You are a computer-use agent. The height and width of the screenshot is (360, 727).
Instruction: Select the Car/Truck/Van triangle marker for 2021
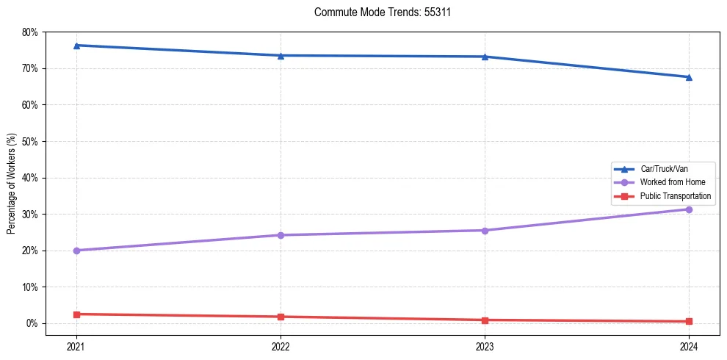pyautogui.click(x=76, y=46)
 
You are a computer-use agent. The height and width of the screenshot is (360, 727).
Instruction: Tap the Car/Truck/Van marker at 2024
pyautogui.click(x=689, y=77)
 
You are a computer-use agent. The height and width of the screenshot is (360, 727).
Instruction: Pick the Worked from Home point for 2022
pyautogui.click(x=281, y=235)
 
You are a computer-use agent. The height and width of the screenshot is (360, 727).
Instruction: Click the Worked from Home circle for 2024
pyautogui.click(x=689, y=209)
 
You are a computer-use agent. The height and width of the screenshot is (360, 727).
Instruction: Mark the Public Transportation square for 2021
pyautogui.click(x=76, y=314)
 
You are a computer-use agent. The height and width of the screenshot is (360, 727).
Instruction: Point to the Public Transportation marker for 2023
pyautogui.click(x=485, y=320)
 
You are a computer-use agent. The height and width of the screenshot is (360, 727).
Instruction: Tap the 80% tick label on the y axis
pyautogui.click(x=30, y=32)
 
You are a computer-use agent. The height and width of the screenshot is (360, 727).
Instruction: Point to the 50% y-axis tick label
pyautogui.click(x=30, y=141)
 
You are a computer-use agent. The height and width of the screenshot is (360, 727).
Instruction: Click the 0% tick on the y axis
pyautogui.click(x=32, y=323)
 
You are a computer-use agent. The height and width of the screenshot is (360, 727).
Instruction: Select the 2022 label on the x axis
pyautogui.click(x=281, y=346)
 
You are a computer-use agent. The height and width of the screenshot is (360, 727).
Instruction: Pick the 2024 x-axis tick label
pyautogui.click(x=689, y=346)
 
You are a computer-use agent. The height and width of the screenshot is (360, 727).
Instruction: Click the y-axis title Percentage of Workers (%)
pyautogui.click(x=12, y=184)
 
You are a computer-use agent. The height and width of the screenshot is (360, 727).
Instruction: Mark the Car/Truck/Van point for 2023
pyautogui.click(x=485, y=57)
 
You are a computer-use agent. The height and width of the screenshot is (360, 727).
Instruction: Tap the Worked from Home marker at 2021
pyautogui.click(x=76, y=251)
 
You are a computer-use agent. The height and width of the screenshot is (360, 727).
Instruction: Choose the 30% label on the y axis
pyautogui.click(x=30, y=214)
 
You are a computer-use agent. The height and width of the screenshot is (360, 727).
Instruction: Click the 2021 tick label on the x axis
pyautogui.click(x=76, y=346)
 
